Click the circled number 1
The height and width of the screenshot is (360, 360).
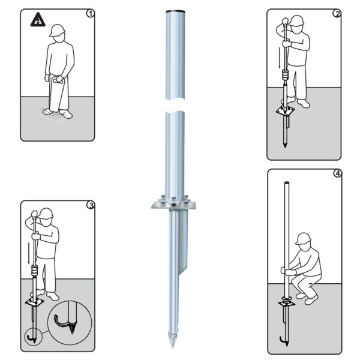click(x=91, y=13)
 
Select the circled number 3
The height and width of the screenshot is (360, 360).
click(x=91, y=204)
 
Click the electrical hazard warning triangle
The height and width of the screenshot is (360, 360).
click(x=37, y=21)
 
